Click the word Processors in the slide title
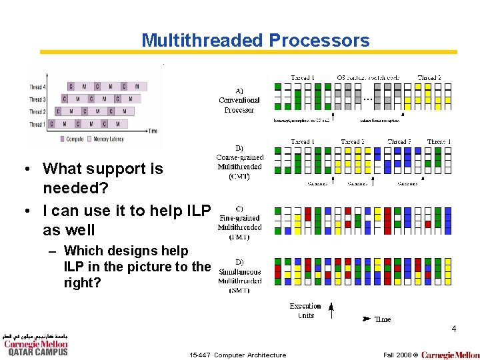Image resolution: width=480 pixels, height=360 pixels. pos(319,41)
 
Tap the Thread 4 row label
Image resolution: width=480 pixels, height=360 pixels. pos(37,87)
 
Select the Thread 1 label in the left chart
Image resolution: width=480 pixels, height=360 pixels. pos(37,124)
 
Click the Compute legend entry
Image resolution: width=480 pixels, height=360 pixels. pos(73,139)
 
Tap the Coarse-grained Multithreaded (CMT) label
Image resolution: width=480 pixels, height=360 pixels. pos(240,162)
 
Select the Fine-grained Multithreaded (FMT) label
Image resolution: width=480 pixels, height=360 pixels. pos(239,223)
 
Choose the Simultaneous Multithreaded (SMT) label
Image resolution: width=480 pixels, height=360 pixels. pos(239,276)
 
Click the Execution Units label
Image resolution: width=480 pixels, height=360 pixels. pos(305,311)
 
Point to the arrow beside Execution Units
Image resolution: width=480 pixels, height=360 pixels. pos(331,309)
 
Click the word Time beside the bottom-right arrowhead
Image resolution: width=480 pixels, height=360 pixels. pos(383,319)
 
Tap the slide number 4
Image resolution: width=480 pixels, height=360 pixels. pos(453,329)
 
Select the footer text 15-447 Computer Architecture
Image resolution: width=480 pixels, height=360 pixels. pos(237,355)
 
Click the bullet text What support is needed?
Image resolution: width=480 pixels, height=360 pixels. pos(103,179)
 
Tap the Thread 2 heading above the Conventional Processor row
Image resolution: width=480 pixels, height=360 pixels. pos(429,78)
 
